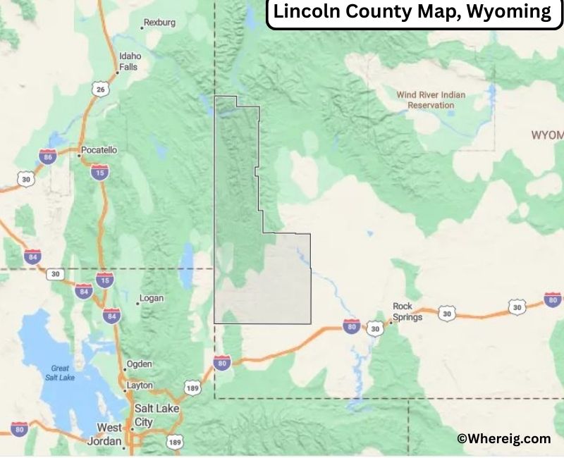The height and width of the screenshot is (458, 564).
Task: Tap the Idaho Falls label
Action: [x=130, y=61]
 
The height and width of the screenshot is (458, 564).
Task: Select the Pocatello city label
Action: [x=99, y=150]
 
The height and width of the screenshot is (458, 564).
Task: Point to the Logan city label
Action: [x=151, y=298]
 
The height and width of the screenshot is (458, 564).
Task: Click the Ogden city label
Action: [x=139, y=365]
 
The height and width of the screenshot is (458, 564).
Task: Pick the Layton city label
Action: [x=140, y=385]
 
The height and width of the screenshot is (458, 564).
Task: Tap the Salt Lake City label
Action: [x=157, y=415]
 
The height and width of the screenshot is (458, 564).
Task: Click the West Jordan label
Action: [x=110, y=434]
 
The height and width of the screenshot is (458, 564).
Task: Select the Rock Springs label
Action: [x=407, y=311]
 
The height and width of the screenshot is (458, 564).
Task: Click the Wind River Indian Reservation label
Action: [x=431, y=99]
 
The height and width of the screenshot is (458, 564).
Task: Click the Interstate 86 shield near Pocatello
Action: [x=48, y=156]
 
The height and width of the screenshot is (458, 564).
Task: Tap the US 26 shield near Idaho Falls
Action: [x=99, y=89]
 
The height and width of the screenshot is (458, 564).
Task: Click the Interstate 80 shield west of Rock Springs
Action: [x=351, y=326]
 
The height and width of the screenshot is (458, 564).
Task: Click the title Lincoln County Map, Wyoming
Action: [x=412, y=13]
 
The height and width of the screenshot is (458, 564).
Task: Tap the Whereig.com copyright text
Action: [x=503, y=438]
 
